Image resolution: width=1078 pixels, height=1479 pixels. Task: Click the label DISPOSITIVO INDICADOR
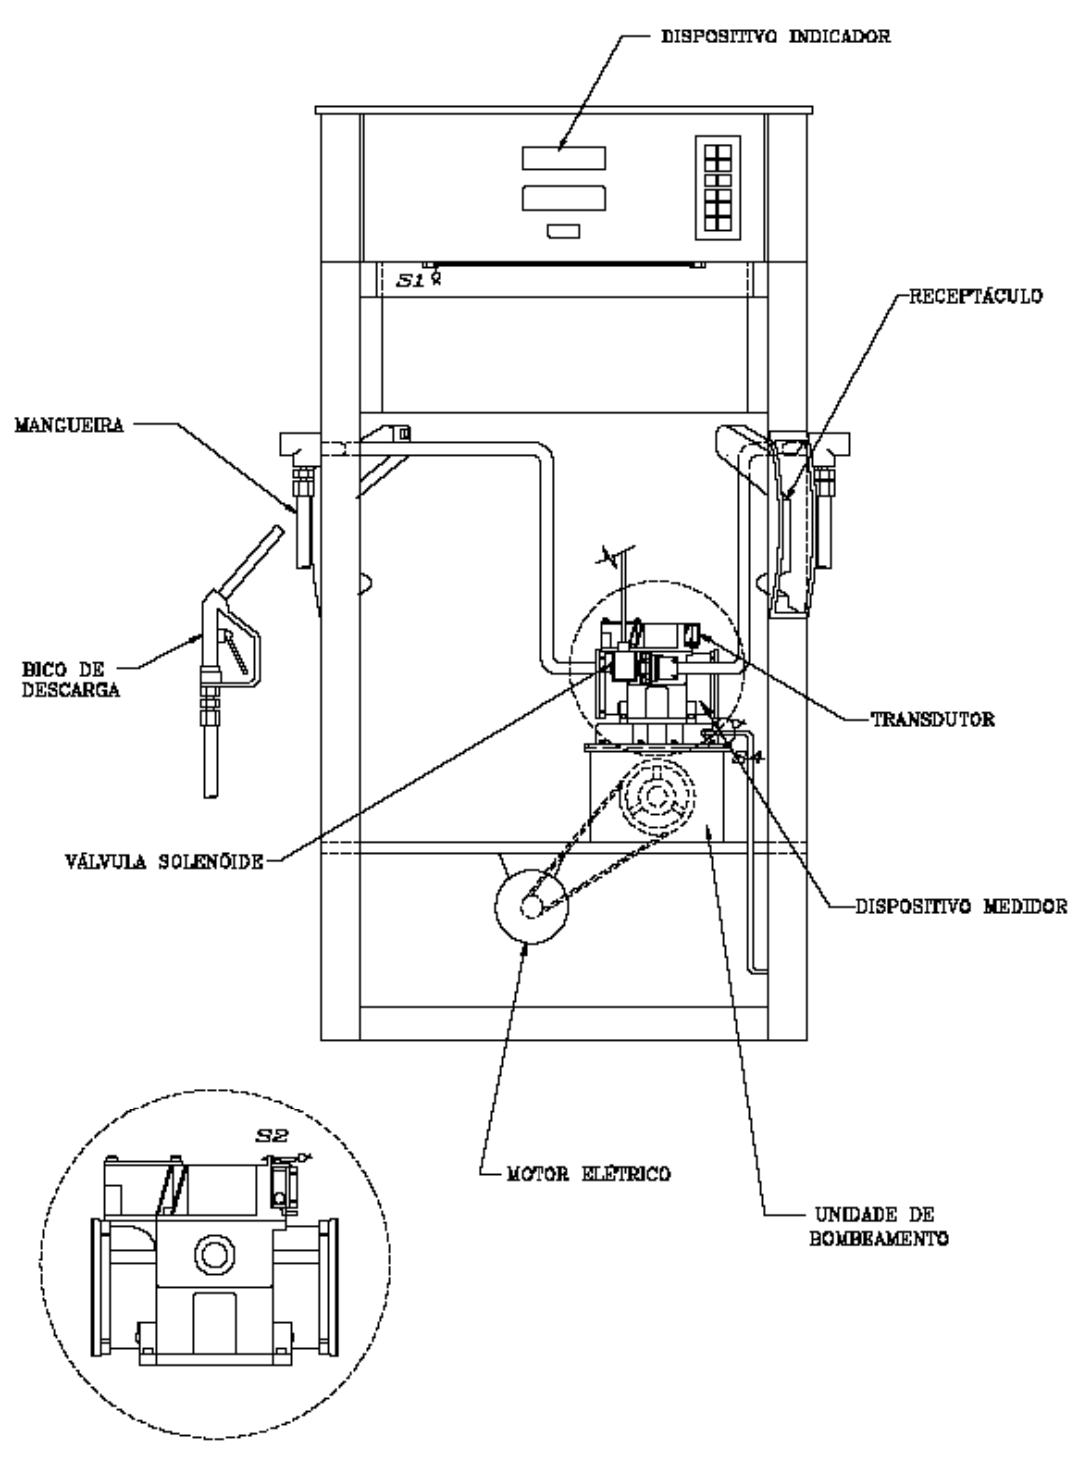(776, 36)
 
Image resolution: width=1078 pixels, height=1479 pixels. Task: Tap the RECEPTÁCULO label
(976, 296)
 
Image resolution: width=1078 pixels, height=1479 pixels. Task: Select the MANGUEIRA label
(69, 425)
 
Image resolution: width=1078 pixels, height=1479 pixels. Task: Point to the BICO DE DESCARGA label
(71, 679)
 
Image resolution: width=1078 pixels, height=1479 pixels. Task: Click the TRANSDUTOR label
(933, 719)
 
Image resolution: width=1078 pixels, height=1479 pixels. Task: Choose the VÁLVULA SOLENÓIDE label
(164, 862)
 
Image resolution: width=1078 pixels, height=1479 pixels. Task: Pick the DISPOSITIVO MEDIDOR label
(962, 906)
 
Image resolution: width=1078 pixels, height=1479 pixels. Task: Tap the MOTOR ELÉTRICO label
(588, 1174)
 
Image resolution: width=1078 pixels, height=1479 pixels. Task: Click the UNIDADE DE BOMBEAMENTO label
(879, 1226)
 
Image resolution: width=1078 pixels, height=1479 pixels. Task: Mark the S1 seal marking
(410, 280)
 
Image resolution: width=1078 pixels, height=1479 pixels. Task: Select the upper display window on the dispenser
(563, 158)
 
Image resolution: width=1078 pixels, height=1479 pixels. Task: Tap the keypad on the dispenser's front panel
(718, 188)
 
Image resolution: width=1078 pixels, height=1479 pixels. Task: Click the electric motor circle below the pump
(531, 906)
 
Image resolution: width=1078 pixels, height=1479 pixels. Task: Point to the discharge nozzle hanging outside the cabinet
(232, 660)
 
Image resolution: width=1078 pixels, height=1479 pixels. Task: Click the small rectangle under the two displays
(564, 231)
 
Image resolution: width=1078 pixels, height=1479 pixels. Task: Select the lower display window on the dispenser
(563, 198)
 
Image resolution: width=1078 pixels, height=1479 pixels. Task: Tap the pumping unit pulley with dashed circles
(656, 796)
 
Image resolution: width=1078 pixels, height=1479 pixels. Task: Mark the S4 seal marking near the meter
(748, 758)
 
